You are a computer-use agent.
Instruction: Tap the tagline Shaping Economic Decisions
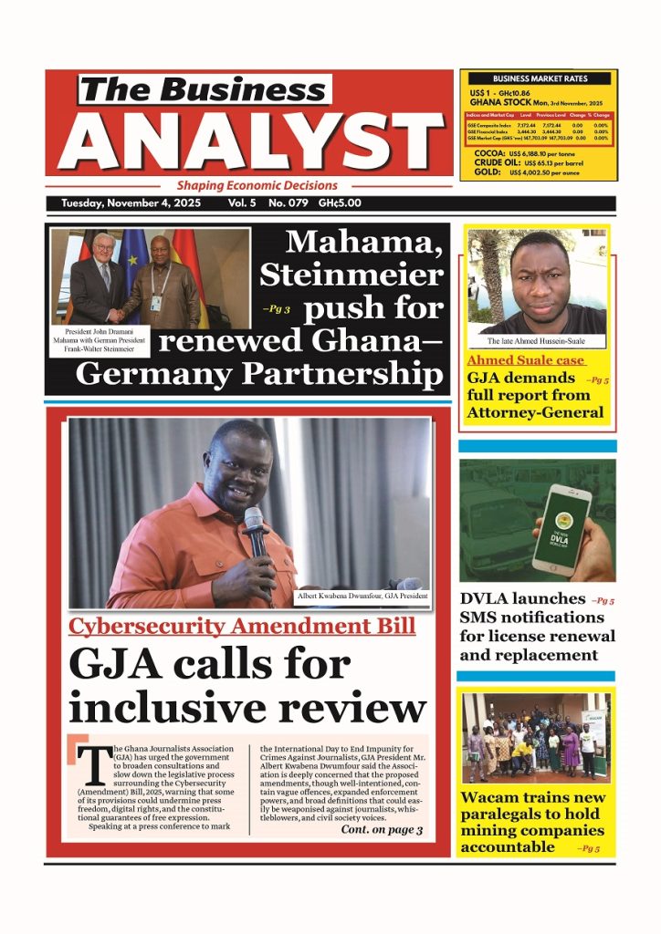tap(257, 185)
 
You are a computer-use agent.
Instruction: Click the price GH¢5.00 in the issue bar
tap(335, 204)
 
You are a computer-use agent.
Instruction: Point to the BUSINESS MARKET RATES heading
tap(540, 79)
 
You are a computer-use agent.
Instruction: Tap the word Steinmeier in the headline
tap(351, 275)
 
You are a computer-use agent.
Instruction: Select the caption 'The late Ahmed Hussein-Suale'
tap(538, 341)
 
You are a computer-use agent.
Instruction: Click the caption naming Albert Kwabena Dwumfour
tap(362, 596)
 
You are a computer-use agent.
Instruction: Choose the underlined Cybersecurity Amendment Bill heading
tap(242, 627)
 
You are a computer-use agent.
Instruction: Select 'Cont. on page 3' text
tap(381, 830)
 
